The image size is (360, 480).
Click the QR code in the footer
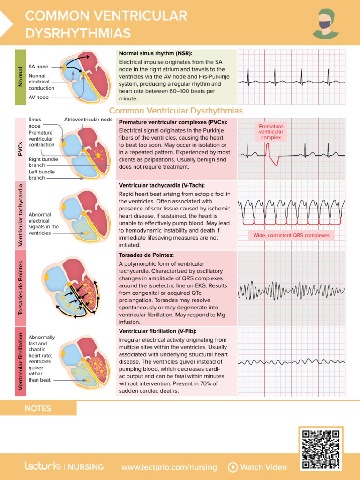(x=321, y=449)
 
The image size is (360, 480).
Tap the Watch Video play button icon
(x=232, y=467)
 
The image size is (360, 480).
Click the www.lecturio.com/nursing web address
(x=169, y=467)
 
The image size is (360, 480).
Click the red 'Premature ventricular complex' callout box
(x=271, y=132)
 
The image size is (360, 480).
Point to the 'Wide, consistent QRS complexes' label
(x=291, y=235)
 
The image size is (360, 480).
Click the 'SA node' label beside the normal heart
(x=38, y=67)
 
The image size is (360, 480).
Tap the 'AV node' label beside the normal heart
(x=38, y=97)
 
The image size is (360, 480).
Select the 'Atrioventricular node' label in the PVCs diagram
(x=88, y=120)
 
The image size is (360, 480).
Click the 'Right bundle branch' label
(x=43, y=162)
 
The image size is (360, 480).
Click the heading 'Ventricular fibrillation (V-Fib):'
(x=158, y=331)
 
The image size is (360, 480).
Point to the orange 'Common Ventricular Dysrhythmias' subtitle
(x=176, y=111)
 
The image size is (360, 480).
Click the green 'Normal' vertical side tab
(x=20, y=76)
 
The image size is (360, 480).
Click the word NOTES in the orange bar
(x=38, y=408)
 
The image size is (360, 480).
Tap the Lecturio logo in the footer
(x=43, y=466)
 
